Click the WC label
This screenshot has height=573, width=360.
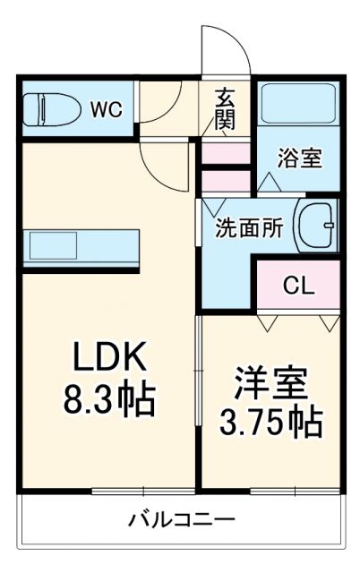(x=106, y=110)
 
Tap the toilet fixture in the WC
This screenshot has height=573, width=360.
(x=46, y=110)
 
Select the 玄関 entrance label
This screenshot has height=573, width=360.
(x=225, y=108)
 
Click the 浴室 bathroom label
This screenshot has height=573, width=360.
(x=296, y=158)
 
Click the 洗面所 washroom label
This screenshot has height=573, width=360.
(x=249, y=228)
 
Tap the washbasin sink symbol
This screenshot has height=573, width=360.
(x=316, y=225)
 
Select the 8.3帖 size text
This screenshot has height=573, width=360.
(x=108, y=399)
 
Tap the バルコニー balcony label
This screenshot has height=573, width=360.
(x=181, y=519)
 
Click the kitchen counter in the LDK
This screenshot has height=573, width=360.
(x=81, y=245)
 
